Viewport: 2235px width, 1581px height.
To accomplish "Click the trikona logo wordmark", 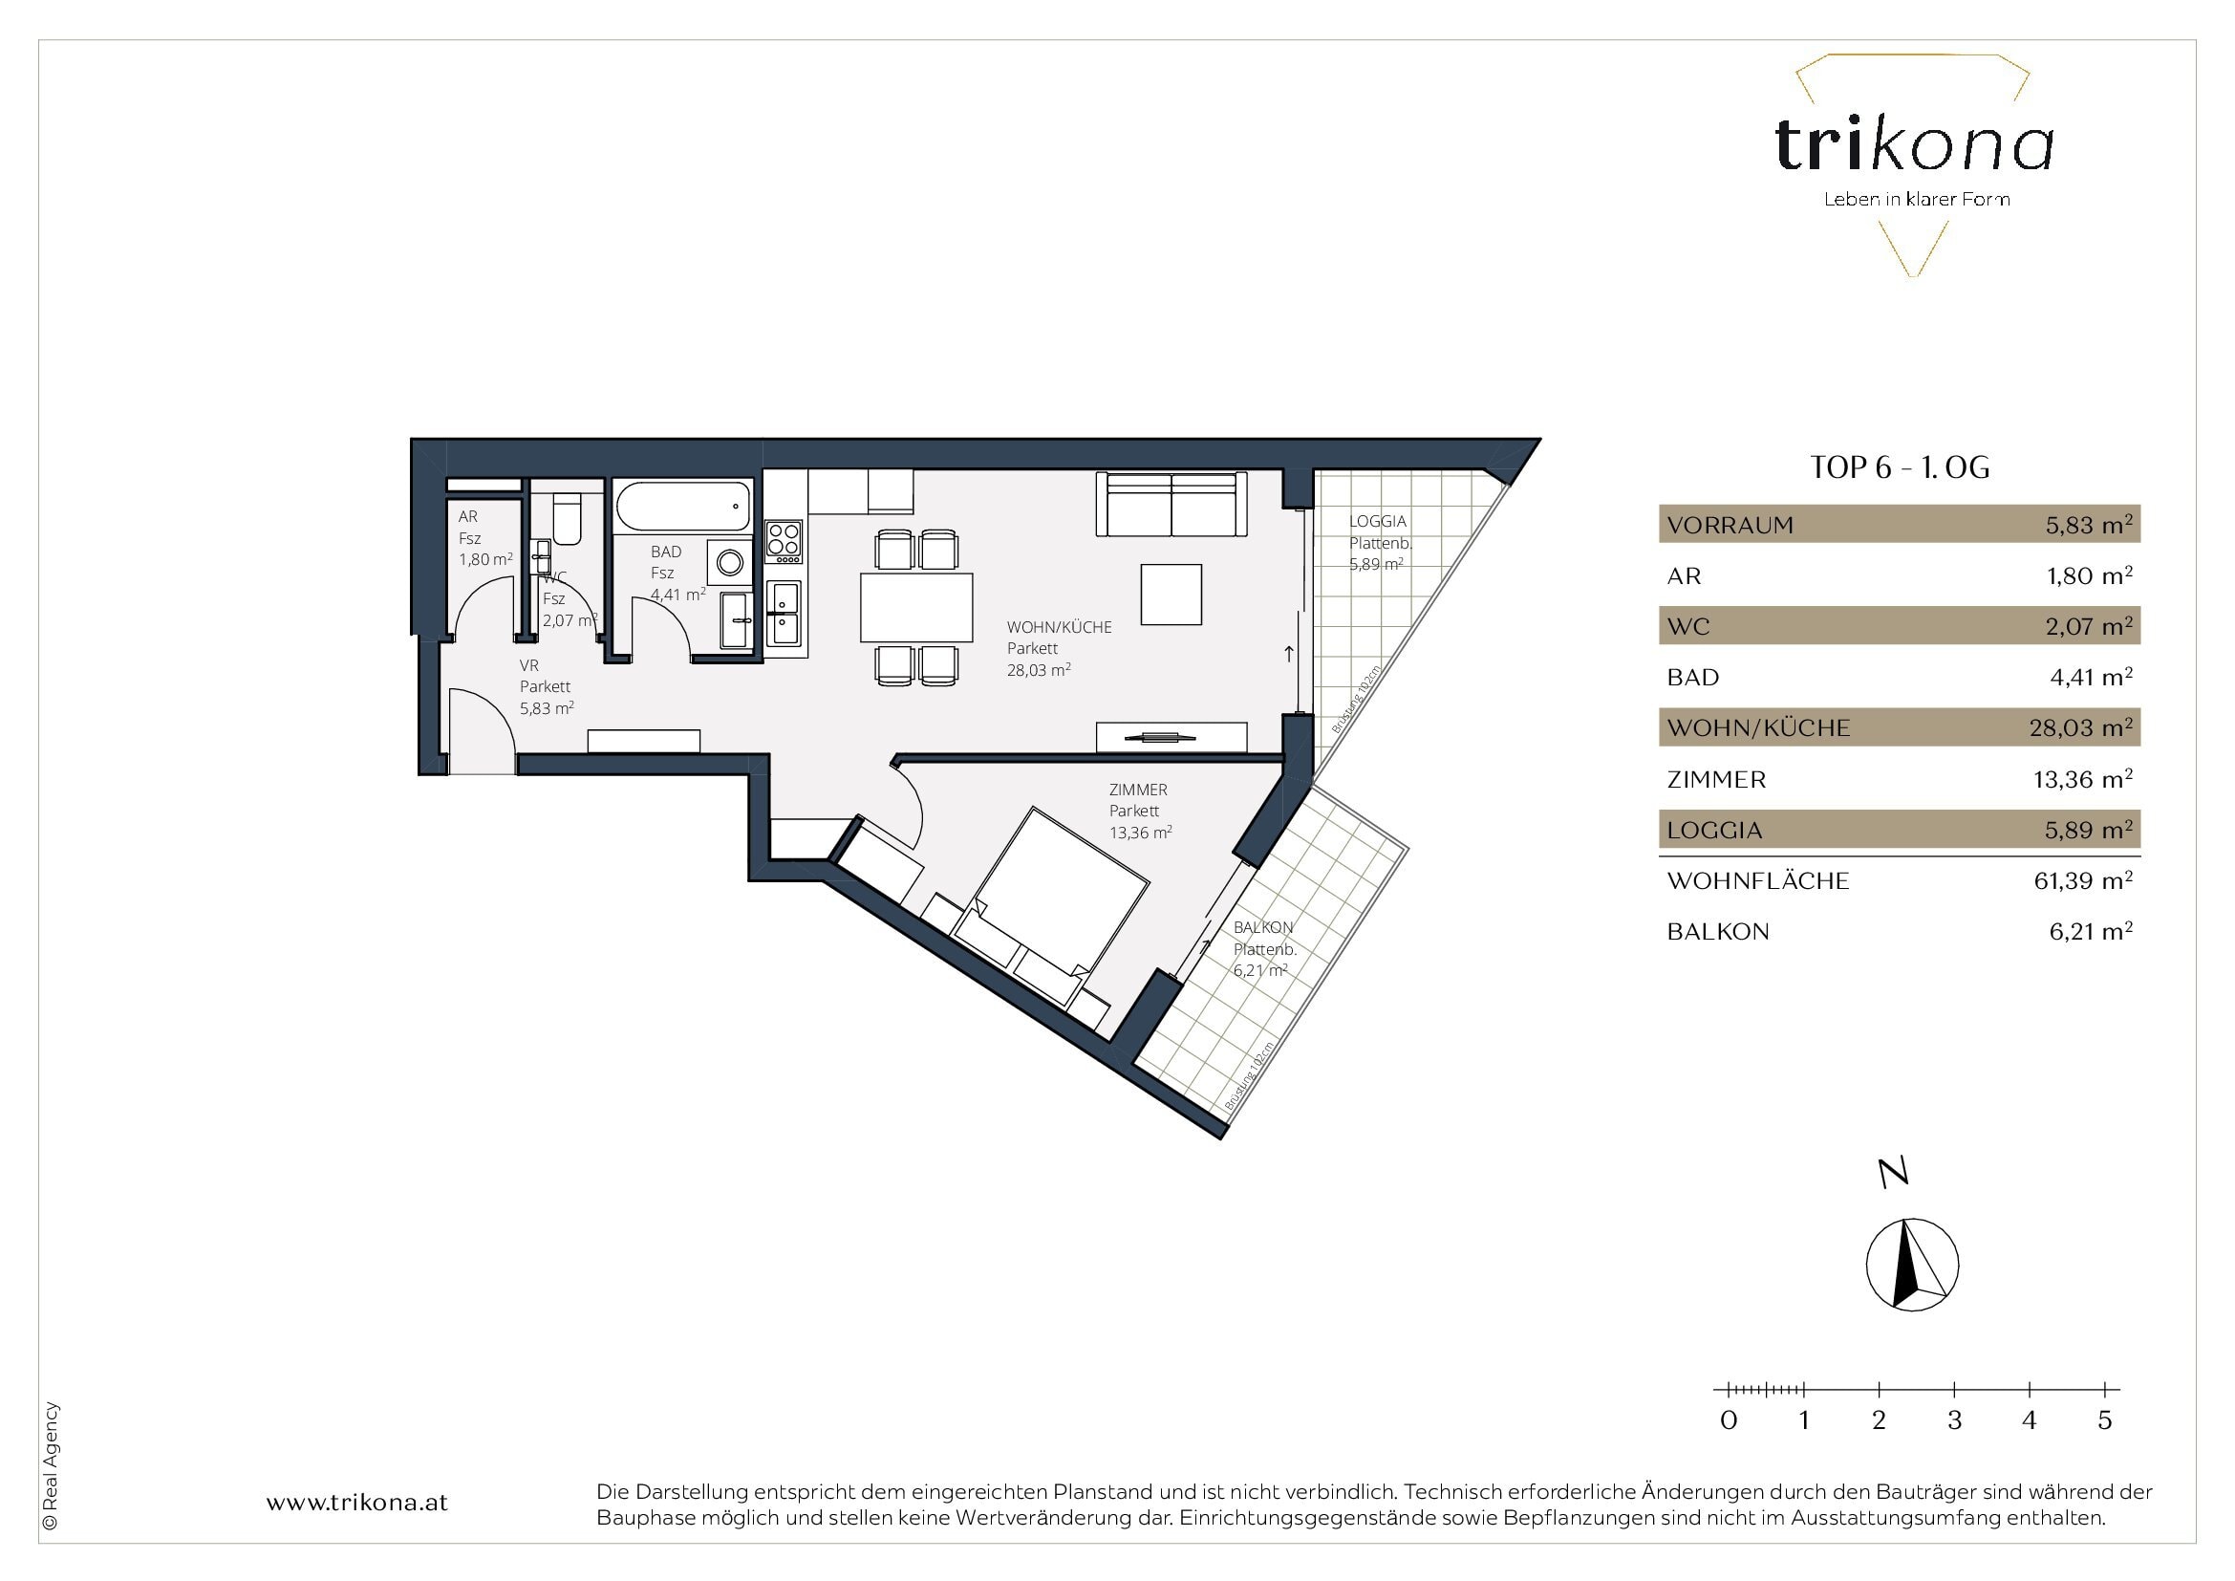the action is tap(1914, 146).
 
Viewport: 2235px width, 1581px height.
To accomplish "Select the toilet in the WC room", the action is tap(567, 519).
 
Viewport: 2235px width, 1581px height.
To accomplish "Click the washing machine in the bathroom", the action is tap(729, 562).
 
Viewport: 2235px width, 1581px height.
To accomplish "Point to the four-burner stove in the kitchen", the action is tap(784, 542).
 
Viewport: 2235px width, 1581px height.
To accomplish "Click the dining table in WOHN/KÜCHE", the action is tap(916, 608).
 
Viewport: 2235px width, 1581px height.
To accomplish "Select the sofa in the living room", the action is tap(1171, 505).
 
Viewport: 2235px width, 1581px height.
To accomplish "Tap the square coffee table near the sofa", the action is tap(1171, 594).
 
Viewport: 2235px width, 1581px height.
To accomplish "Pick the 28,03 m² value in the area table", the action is tap(2080, 727).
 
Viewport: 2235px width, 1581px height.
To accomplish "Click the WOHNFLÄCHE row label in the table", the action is tap(1758, 881).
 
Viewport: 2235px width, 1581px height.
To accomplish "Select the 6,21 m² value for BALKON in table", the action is tap(2090, 932).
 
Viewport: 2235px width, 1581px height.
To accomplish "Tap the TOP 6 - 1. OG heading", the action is tap(1900, 468).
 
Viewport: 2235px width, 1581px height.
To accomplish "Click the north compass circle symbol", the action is tap(1912, 1264).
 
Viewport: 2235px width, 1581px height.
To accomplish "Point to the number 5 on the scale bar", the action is tap(2104, 1420).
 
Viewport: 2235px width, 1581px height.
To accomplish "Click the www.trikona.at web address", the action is tap(357, 1503).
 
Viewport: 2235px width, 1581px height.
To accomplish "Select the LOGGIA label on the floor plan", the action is tap(1378, 522).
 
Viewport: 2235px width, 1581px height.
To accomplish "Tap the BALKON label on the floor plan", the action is tap(1262, 928).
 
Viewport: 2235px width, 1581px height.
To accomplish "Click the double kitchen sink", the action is tap(784, 614).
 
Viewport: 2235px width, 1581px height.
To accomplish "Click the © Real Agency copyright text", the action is tap(51, 1465).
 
